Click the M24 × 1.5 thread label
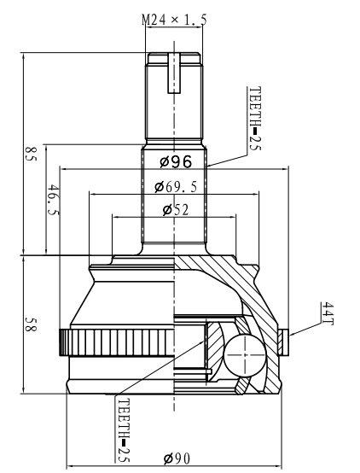click(x=174, y=20)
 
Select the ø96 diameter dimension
click(x=176, y=162)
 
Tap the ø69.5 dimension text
click(x=176, y=187)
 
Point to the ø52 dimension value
click(x=176, y=210)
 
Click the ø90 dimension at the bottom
click(x=177, y=458)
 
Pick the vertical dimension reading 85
click(x=30, y=155)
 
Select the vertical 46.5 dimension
click(x=54, y=200)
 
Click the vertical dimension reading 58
click(x=30, y=324)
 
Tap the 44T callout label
click(x=328, y=313)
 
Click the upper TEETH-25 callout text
click(x=255, y=119)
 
